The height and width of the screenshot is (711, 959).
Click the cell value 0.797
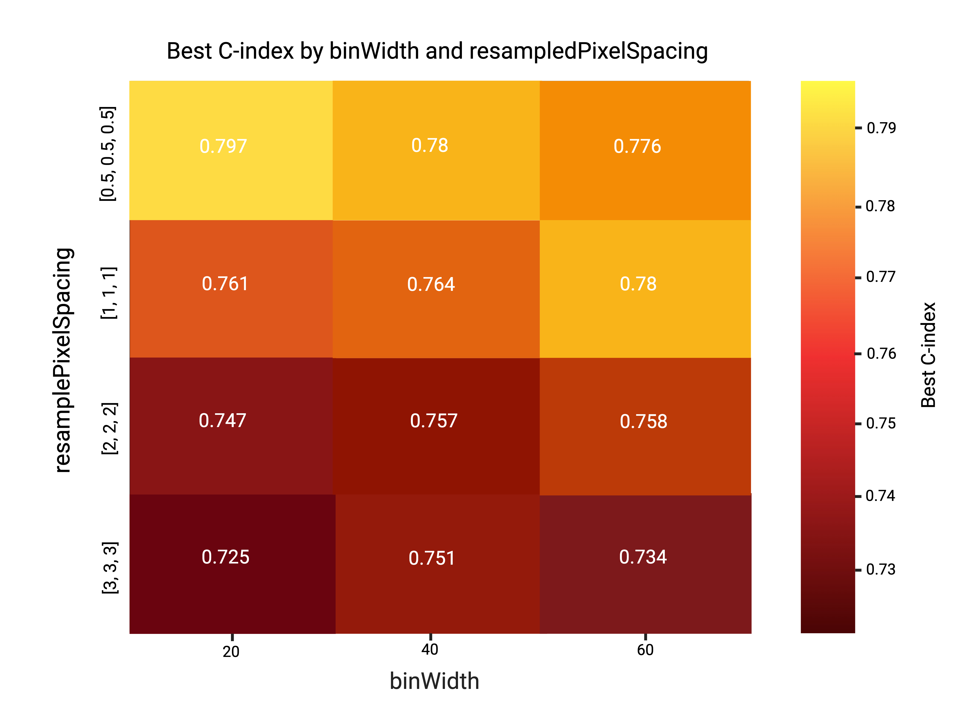[223, 146]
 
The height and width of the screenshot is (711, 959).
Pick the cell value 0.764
[431, 284]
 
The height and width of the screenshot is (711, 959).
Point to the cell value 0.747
[222, 420]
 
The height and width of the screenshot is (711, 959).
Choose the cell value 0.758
[643, 421]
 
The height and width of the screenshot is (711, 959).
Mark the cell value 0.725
[225, 557]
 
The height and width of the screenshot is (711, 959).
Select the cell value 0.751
[432, 558]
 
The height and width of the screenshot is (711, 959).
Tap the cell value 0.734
[643, 557]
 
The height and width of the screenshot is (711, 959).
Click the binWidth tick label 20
[231, 652]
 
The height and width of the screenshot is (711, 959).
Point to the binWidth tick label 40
[430, 650]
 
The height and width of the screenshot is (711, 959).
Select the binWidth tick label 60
[645, 650]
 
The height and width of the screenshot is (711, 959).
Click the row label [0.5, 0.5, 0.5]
[108, 154]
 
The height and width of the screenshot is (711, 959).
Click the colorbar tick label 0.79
[881, 128]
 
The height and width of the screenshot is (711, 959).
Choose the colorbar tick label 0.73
[880, 569]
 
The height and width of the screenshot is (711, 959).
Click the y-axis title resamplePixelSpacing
[63, 361]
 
